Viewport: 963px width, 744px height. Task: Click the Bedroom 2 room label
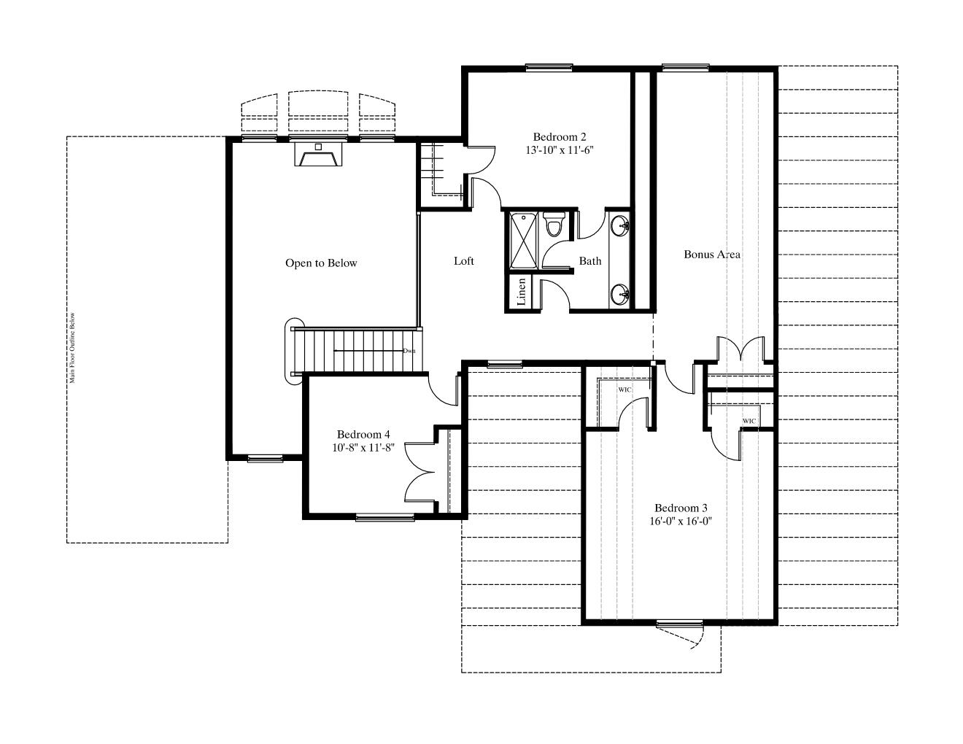[x=560, y=137]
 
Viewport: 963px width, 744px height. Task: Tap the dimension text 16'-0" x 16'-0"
[x=681, y=522]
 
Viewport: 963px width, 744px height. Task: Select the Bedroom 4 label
[x=363, y=434]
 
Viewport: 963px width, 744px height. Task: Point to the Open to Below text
[x=321, y=263]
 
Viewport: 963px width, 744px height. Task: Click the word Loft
[x=463, y=261]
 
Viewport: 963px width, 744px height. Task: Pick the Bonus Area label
[x=712, y=255]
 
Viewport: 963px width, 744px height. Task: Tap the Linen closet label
[x=522, y=292]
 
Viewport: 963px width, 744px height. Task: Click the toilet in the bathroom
[x=554, y=225]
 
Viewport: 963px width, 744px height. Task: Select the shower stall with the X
[x=523, y=241]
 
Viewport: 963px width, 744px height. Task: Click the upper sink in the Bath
[x=620, y=226]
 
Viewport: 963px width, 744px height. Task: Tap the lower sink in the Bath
[x=620, y=293]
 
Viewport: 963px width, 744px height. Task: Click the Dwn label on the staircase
[x=409, y=351]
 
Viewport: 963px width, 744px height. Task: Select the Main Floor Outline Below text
[x=72, y=348]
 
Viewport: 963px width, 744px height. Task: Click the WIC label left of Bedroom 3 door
[x=624, y=390]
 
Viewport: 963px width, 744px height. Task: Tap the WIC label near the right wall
[x=749, y=421]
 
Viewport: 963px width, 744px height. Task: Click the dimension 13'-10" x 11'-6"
[x=560, y=150]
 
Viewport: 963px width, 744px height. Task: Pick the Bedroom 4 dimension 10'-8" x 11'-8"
[x=363, y=448]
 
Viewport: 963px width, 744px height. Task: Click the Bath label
[x=590, y=261]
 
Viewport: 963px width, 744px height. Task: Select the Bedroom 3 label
[x=681, y=508]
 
